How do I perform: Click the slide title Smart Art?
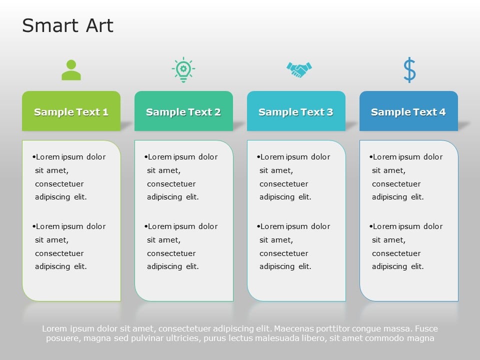pos(67,25)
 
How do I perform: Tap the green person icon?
pos(71,70)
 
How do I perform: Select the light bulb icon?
pos(183,70)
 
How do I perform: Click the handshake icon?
pos(299,70)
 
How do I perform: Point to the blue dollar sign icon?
pos(409,70)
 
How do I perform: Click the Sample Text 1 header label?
pos(71,112)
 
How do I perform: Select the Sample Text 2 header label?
pos(183,112)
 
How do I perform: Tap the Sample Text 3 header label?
pos(296,112)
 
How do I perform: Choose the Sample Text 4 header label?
pos(408,112)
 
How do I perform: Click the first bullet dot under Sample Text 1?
pos(34,157)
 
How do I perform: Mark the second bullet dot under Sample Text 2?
pos(146,226)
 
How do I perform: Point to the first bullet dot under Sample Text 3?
pos(258,157)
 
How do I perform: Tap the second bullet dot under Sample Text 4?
pos(371,226)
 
